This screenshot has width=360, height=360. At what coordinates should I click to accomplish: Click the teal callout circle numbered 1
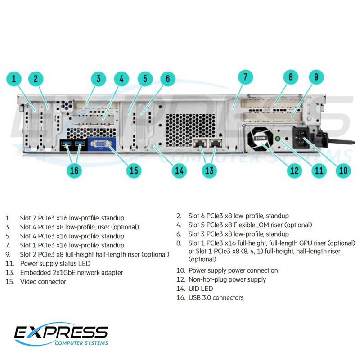pyautogui.click(x=14, y=80)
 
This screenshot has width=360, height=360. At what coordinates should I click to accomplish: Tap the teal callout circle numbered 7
pyautogui.click(x=245, y=77)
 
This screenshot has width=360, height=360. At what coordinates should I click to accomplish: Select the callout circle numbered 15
pyautogui.click(x=133, y=171)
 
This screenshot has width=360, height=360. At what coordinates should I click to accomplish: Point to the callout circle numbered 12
pyautogui.click(x=294, y=171)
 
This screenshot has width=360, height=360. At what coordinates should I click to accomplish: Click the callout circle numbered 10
pyautogui.click(x=343, y=171)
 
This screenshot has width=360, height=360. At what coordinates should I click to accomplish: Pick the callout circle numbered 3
pyautogui.click(x=98, y=80)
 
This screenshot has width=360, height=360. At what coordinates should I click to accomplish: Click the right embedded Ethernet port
pyautogui.click(x=216, y=144)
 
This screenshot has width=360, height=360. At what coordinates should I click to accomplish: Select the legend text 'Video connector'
pyautogui.click(x=43, y=282)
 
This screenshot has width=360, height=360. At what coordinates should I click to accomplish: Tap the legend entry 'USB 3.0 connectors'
pyautogui.click(x=216, y=297)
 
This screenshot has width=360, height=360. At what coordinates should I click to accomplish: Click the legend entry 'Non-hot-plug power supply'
pyautogui.click(x=227, y=279)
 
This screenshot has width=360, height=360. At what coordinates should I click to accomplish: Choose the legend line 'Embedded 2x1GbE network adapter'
pyautogui.click(x=71, y=273)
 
